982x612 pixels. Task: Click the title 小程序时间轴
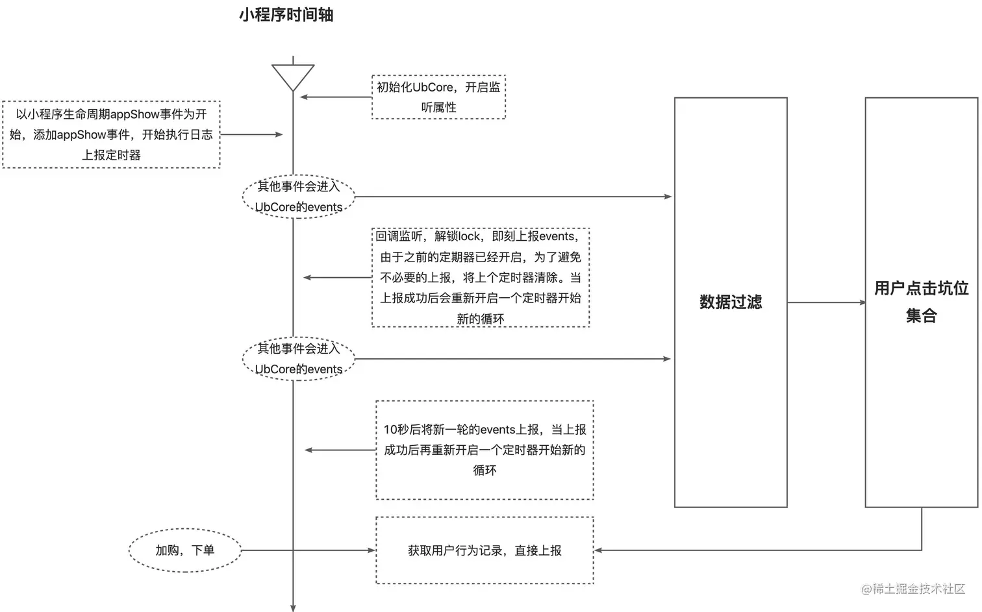coord(286,15)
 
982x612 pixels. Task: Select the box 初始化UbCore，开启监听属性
coord(438,97)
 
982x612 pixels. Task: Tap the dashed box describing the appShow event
coord(111,134)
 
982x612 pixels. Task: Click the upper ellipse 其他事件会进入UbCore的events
coord(298,196)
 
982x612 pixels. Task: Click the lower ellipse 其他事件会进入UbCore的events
coord(298,358)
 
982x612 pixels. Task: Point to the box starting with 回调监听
coord(481,277)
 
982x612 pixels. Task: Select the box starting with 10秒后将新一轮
coord(485,450)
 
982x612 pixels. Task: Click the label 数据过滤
coord(731,302)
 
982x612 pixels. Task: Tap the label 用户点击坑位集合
coord(921,302)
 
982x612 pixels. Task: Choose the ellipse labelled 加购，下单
coord(184,550)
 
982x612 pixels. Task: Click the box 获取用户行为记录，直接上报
coord(485,550)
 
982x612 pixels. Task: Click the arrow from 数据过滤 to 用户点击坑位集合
coord(826,302)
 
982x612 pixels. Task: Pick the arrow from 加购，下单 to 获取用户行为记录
coord(308,550)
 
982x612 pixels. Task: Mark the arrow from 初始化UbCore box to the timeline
coord(335,97)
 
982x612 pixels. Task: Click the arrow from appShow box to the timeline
coord(252,134)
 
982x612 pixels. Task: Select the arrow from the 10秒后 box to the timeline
coord(340,450)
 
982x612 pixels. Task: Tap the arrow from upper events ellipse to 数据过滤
coord(513,196)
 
